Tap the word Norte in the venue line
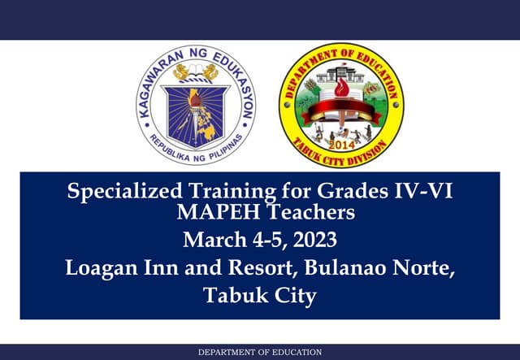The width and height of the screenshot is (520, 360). click(x=422, y=267)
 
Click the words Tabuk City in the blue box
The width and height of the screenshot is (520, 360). click(x=260, y=295)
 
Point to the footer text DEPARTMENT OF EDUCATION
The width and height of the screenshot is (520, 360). click(x=260, y=352)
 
